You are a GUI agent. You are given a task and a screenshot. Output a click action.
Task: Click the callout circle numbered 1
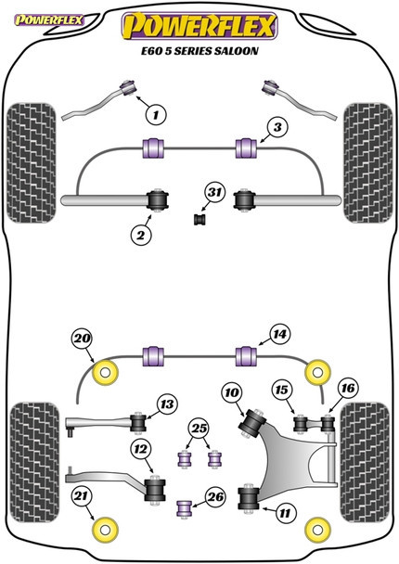(156, 115)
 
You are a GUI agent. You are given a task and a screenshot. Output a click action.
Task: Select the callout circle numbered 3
(277, 127)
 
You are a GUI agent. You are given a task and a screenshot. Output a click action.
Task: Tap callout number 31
(214, 192)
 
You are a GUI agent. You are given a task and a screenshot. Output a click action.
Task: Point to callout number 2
(141, 236)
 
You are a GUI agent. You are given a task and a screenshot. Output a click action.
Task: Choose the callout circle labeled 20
(82, 339)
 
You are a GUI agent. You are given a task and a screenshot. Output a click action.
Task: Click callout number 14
(279, 335)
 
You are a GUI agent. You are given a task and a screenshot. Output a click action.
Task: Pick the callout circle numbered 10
(232, 392)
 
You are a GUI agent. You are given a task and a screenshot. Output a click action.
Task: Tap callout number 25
(199, 428)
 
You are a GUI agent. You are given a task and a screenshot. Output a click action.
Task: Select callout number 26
(215, 496)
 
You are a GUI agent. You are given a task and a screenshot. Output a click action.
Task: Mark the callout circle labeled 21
(81, 496)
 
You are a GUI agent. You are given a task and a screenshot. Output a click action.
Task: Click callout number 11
(285, 513)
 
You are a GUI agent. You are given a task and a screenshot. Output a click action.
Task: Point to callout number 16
(348, 388)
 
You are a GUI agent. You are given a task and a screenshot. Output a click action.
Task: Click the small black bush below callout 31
(199, 219)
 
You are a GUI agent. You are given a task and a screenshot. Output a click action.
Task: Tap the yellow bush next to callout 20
(106, 373)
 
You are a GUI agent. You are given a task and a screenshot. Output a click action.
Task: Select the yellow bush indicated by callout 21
(106, 530)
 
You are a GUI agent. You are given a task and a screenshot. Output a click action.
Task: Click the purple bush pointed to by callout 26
(185, 507)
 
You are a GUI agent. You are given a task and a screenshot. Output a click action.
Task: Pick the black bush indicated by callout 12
(155, 490)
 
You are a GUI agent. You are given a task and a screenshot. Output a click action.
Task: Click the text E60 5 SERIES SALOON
(199, 51)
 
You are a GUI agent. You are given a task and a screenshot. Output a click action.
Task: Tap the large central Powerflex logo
(199, 26)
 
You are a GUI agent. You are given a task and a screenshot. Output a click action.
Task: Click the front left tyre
(32, 163)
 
